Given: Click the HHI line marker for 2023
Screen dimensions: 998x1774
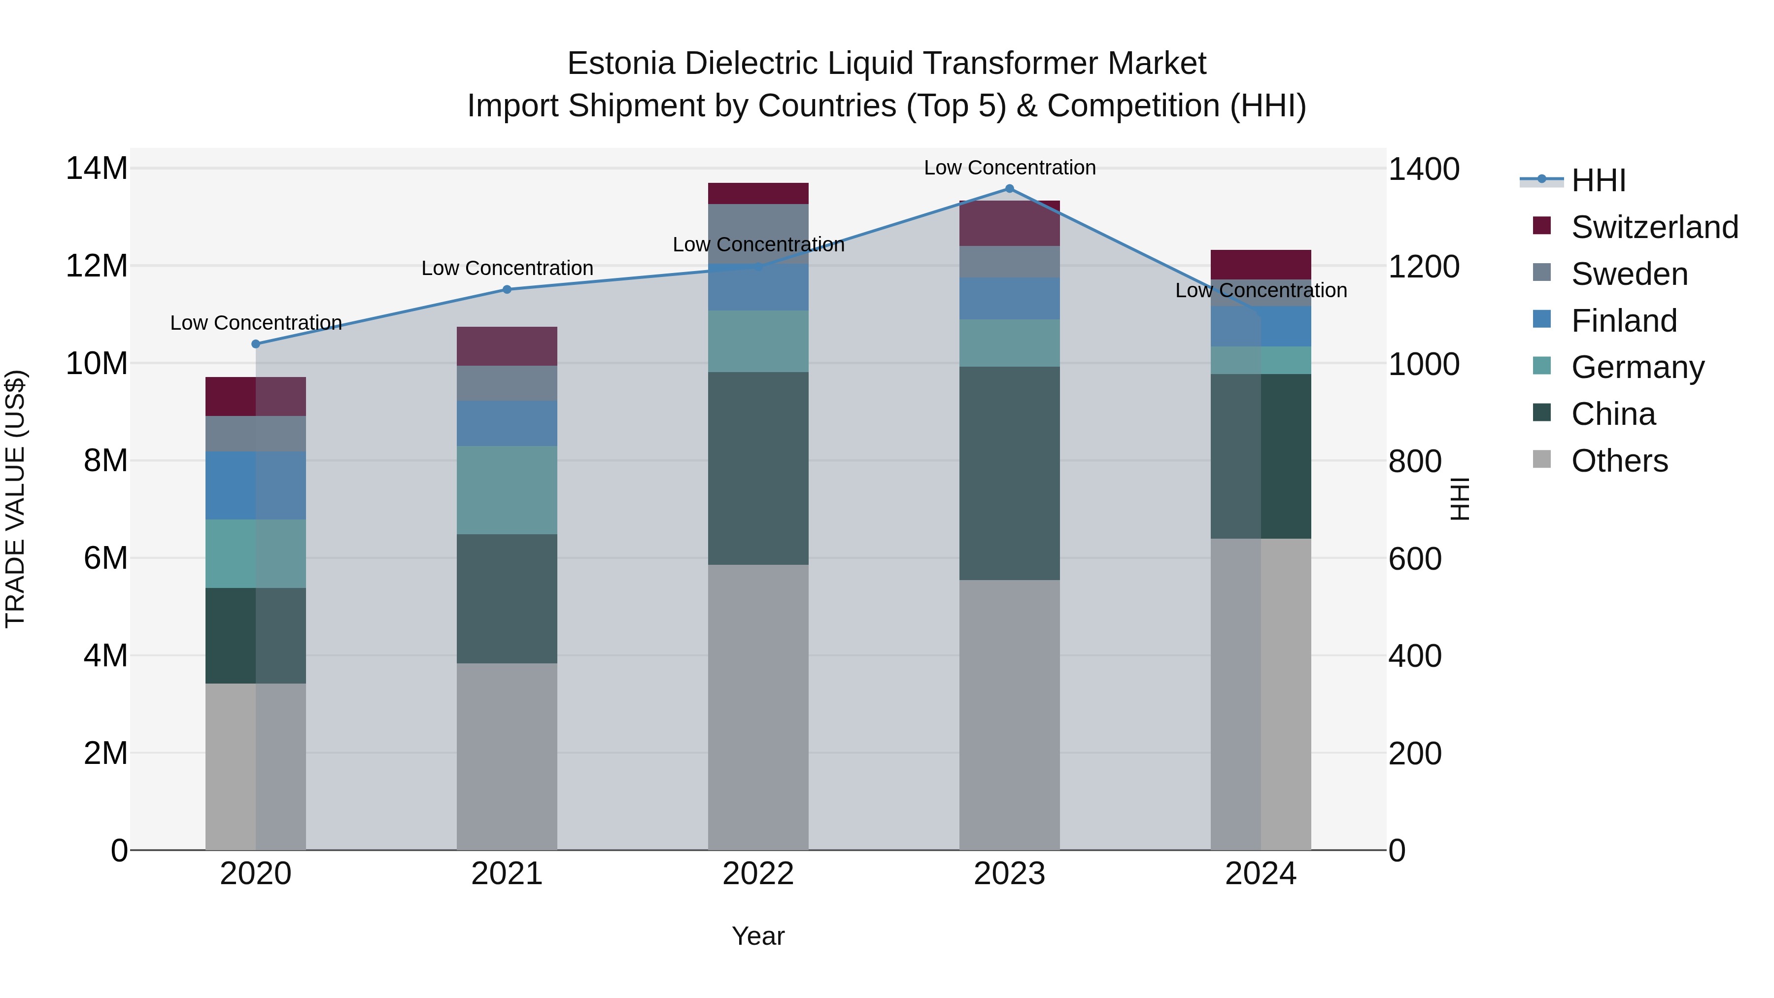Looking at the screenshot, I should point(1010,189).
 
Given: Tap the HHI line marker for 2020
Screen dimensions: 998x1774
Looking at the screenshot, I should point(255,344).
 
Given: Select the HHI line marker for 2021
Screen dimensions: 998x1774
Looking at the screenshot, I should point(507,289).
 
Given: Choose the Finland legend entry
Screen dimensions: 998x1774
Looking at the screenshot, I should point(1624,321).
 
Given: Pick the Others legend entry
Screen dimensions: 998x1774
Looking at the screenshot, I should point(1619,461).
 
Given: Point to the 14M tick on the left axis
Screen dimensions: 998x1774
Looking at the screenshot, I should point(97,169).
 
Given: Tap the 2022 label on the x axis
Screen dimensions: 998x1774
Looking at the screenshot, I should point(758,874).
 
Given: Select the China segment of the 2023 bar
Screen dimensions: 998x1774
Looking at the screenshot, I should point(1010,473).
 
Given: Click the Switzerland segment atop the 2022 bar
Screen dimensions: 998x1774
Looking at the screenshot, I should point(758,194).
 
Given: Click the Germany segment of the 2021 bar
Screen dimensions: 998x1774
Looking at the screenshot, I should point(507,490).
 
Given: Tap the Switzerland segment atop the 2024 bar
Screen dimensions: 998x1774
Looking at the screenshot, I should point(1261,265).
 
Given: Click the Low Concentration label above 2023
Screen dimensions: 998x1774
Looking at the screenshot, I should point(1010,168).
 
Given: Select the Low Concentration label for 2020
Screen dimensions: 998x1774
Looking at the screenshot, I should point(255,322).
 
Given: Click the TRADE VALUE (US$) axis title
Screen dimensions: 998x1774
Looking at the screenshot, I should point(15,499).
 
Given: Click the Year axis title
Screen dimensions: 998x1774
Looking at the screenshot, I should point(758,936).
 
